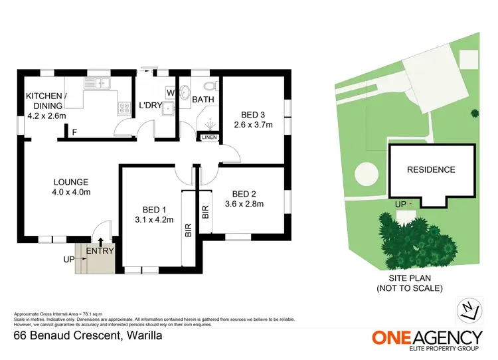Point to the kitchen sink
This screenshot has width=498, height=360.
(100, 84)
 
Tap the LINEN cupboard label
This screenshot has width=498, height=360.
(209, 138)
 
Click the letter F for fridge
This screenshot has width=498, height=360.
(74, 133)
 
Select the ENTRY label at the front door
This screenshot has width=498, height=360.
(101, 251)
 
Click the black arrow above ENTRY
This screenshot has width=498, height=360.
(101, 241)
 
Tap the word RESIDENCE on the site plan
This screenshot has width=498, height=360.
(431, 170)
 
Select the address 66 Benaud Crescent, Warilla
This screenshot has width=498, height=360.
(88, 336)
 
